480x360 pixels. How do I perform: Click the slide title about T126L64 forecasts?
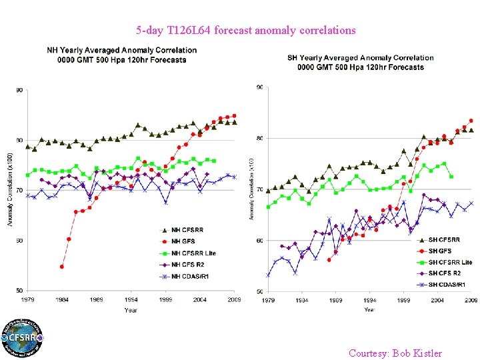tap(246, 31)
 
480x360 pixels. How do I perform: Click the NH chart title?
tap(121, 55)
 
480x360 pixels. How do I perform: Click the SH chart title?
tap(361, 62)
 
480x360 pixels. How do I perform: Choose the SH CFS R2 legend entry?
tap(443, 273)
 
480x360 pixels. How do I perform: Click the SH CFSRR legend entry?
tap(441, 239)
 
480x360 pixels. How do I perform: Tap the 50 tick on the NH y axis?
tap(21, 291)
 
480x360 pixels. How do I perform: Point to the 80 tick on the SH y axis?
tap(259, 138)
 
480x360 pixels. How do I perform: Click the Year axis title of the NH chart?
tap(131, 310)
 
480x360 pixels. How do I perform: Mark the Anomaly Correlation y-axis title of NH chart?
tap(10, 191)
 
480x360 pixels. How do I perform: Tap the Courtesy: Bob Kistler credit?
tap(395, 353)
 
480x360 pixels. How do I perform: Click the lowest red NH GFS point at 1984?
tap(62, 266)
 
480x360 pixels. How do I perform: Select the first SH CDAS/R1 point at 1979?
tap(268, 275)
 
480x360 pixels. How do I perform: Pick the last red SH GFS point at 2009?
tap(471, 121)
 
